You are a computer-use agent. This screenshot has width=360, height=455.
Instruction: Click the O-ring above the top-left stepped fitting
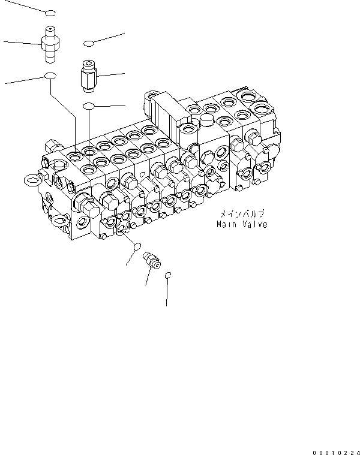[50, 13]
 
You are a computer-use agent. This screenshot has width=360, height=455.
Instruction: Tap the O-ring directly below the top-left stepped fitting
[50, 76]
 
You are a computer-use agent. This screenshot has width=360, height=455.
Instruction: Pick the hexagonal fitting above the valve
[88, 76]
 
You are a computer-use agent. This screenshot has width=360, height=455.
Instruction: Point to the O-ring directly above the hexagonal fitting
[89, 43]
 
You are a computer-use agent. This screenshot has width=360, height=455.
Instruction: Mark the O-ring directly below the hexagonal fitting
[89, 106]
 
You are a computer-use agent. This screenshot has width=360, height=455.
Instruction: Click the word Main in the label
[227, 225]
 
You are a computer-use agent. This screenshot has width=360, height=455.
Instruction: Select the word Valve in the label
[255, 225]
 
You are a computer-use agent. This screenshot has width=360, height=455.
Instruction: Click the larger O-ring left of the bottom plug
[137, 246]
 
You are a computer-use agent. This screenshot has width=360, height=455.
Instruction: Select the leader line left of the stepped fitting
[22, 42]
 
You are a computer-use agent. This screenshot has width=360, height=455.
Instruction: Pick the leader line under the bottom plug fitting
[147, 277]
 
